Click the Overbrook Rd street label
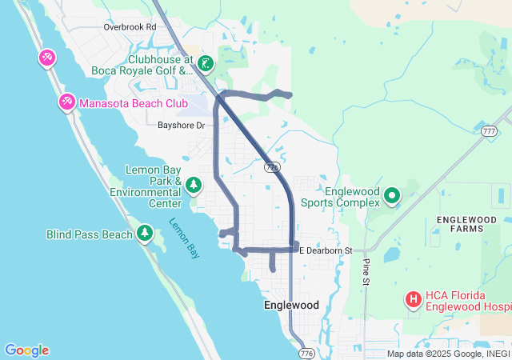[130, 26]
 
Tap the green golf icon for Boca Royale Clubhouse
[206, 63]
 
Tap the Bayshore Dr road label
[181, 126]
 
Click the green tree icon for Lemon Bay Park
[194, 186]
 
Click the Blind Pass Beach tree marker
[145, 234]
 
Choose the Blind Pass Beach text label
[89, 234]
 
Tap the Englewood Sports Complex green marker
[392, 195]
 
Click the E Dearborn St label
[326, 251]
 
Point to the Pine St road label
[366, 271]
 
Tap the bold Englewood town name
[291, 306]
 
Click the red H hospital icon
[414, 300]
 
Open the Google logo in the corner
[26, 350]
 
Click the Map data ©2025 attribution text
[447, 354]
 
